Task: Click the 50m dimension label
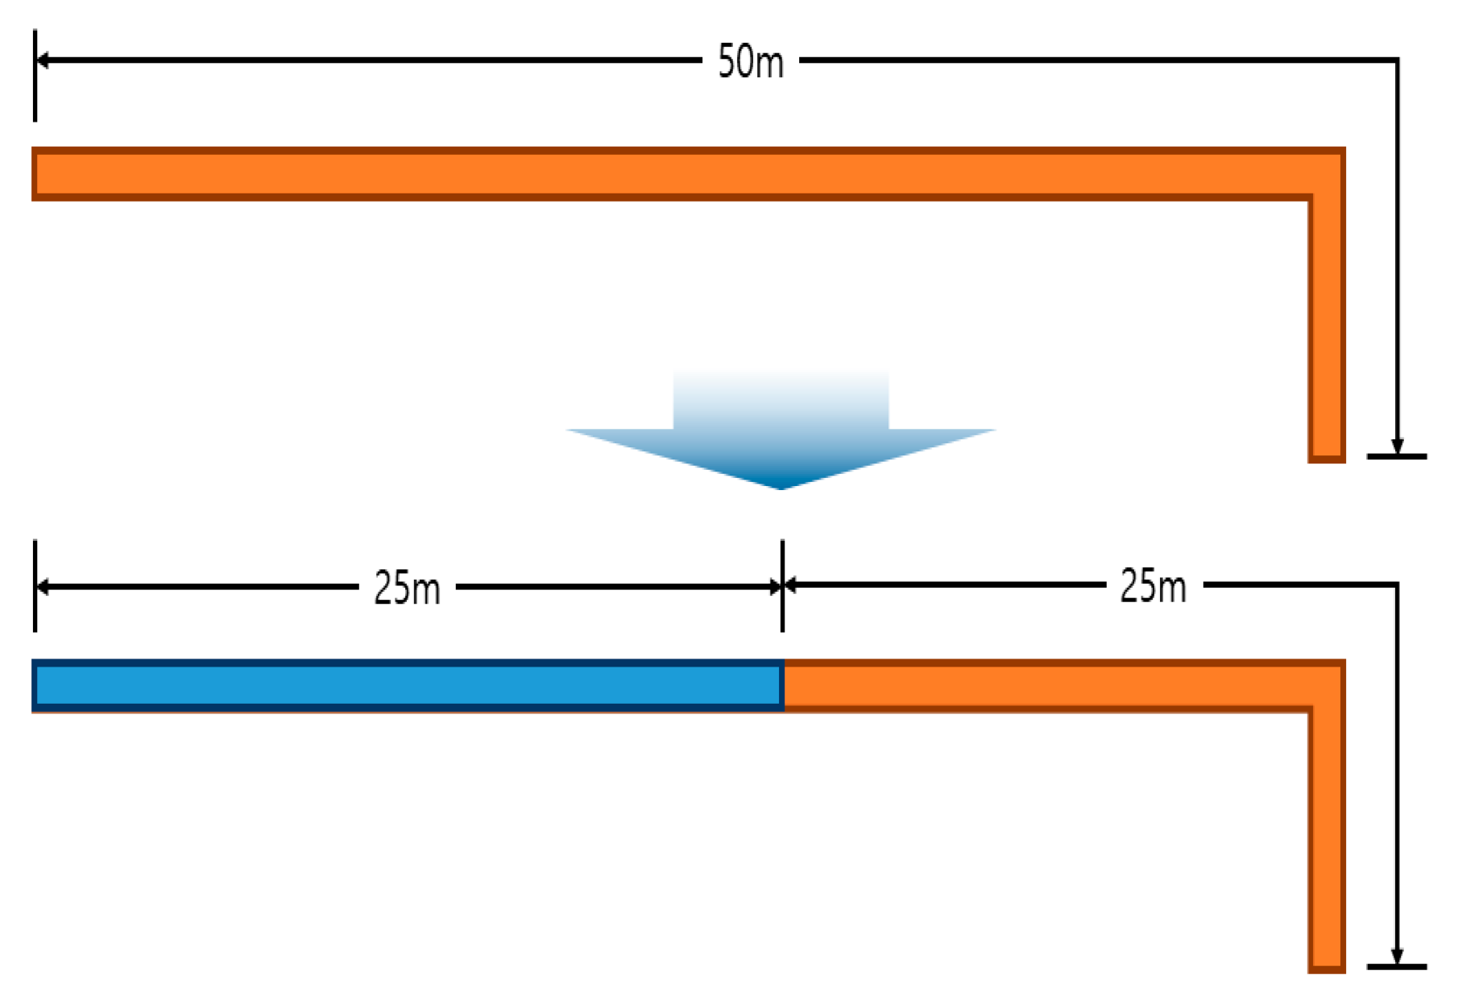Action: [x=750, y=62]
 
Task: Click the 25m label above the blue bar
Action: [x=407, y=588]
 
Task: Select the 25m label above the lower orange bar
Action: [x=1153, y=586]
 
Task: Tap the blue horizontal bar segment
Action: [x=408, y=686]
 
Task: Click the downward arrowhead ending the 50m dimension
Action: [x=1397, y=447]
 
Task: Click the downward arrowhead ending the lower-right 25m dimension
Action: [x=1397, y=957]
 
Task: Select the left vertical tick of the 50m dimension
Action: [x=35, y=77]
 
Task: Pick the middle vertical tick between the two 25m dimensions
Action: [x=782, y=586]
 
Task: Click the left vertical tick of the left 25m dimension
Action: [x=35, y=586]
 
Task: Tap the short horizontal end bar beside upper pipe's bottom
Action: [x=1397, y=457]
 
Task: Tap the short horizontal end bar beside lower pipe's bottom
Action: [x=1397, y=967]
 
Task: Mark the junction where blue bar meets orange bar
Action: [x=783, y=686]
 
